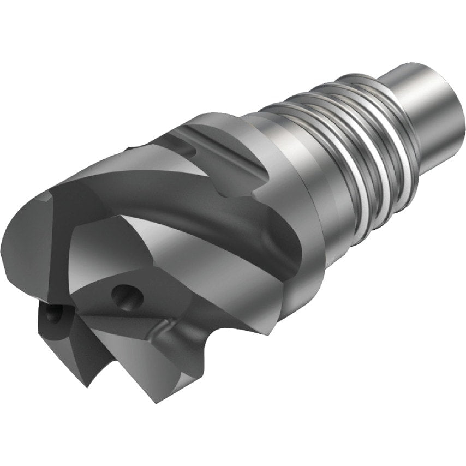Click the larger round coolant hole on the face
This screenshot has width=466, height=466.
127,297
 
